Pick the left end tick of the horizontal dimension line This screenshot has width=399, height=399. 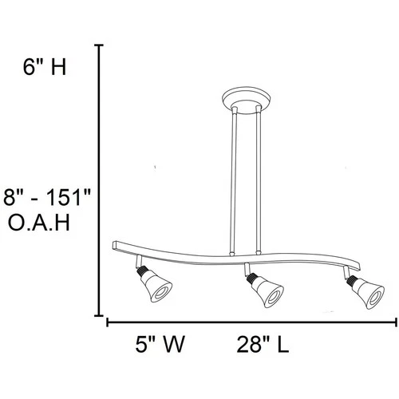click(x=109, y=322)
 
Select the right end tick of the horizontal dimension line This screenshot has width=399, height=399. click(x=396, y=322)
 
